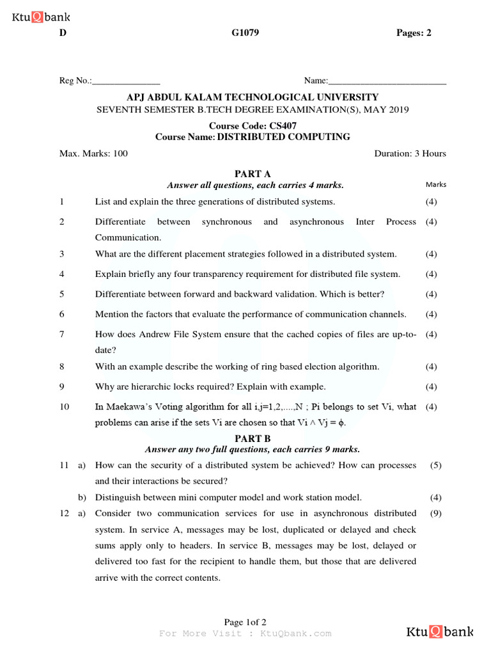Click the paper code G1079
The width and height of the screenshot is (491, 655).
coord(245,33)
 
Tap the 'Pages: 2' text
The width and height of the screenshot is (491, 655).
coord(414,33)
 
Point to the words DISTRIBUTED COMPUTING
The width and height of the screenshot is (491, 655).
coord(283,137)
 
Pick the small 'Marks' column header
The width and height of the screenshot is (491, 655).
coord(436,185)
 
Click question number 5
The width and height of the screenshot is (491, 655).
coord(62,294)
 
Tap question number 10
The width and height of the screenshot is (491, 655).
coord(64,407)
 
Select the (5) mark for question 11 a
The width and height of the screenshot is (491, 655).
coord(436,466)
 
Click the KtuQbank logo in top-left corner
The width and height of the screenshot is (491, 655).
coord(41,17)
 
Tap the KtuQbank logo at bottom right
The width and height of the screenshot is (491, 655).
coord(440,632)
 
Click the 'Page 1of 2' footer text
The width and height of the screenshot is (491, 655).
coord(245,622)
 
